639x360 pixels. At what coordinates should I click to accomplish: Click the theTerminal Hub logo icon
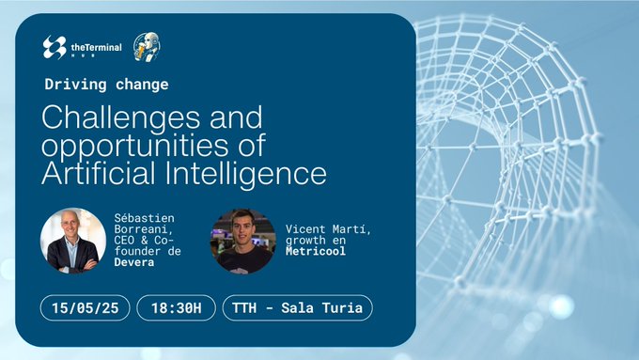coord(55,47)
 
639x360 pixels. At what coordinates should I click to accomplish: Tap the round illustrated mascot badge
coord(145,47)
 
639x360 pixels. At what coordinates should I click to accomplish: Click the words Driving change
coord(107,85)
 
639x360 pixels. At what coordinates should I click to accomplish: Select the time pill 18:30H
coord(176,307)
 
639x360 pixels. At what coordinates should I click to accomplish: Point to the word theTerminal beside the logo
coord(96,45)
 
